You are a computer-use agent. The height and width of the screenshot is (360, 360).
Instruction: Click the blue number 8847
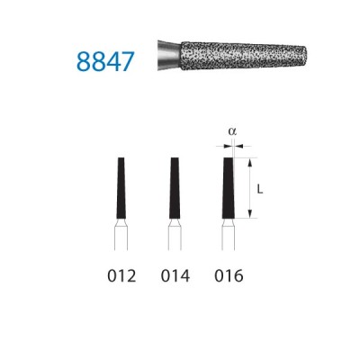point(105,61)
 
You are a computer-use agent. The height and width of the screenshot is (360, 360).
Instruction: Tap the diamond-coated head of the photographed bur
point(244,57)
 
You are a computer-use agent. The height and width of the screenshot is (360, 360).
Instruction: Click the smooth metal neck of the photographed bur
point(169,56)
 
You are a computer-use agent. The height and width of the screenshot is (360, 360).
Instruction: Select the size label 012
point(121,276)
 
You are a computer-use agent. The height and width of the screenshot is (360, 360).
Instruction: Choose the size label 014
point(175,276)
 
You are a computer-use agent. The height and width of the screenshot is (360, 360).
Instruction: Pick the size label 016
point(229,276)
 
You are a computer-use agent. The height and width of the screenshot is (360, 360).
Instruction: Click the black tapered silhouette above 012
point(121,188)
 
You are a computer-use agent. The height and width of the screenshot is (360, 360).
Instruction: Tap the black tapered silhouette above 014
point(175,188)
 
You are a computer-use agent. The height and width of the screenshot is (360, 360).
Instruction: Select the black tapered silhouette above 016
point(229,188)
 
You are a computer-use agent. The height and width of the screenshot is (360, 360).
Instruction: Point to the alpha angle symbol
point(232,131)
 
